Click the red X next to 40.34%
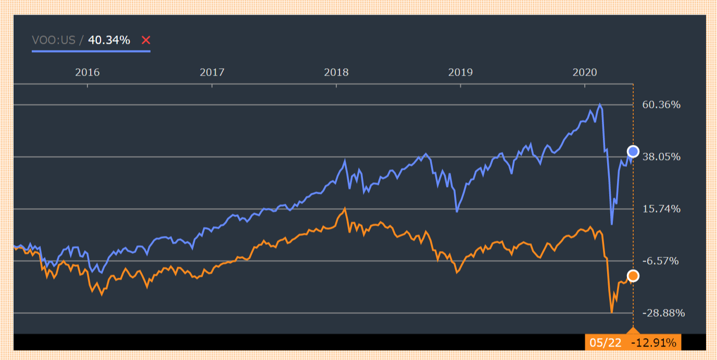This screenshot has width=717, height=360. (x=146, y=40)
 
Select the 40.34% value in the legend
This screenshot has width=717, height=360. (x=109, y=40)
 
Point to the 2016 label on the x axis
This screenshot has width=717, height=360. (x=87, y=72)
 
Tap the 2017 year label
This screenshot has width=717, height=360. (x=212, y=72)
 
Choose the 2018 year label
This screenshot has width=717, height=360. (x=336, y=72)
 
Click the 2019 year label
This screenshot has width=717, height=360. (x=460, y=72)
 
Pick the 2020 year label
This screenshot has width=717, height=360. (x=585, y=72)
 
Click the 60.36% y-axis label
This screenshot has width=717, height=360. (x=661, y=105)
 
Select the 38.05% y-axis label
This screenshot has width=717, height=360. (x=661, y=157)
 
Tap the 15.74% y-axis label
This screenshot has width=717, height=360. (x=661, y=209)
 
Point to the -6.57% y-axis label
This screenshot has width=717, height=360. (x=661, y=261)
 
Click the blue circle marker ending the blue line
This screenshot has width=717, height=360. (x=633, y=152)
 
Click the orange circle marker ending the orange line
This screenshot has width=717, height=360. (x=633, y=276)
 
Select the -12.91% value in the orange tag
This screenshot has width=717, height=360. (x=653, y=343)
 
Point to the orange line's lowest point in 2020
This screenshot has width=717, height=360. (x=612, y=312)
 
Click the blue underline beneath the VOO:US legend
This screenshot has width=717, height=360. (x=91, y=51)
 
